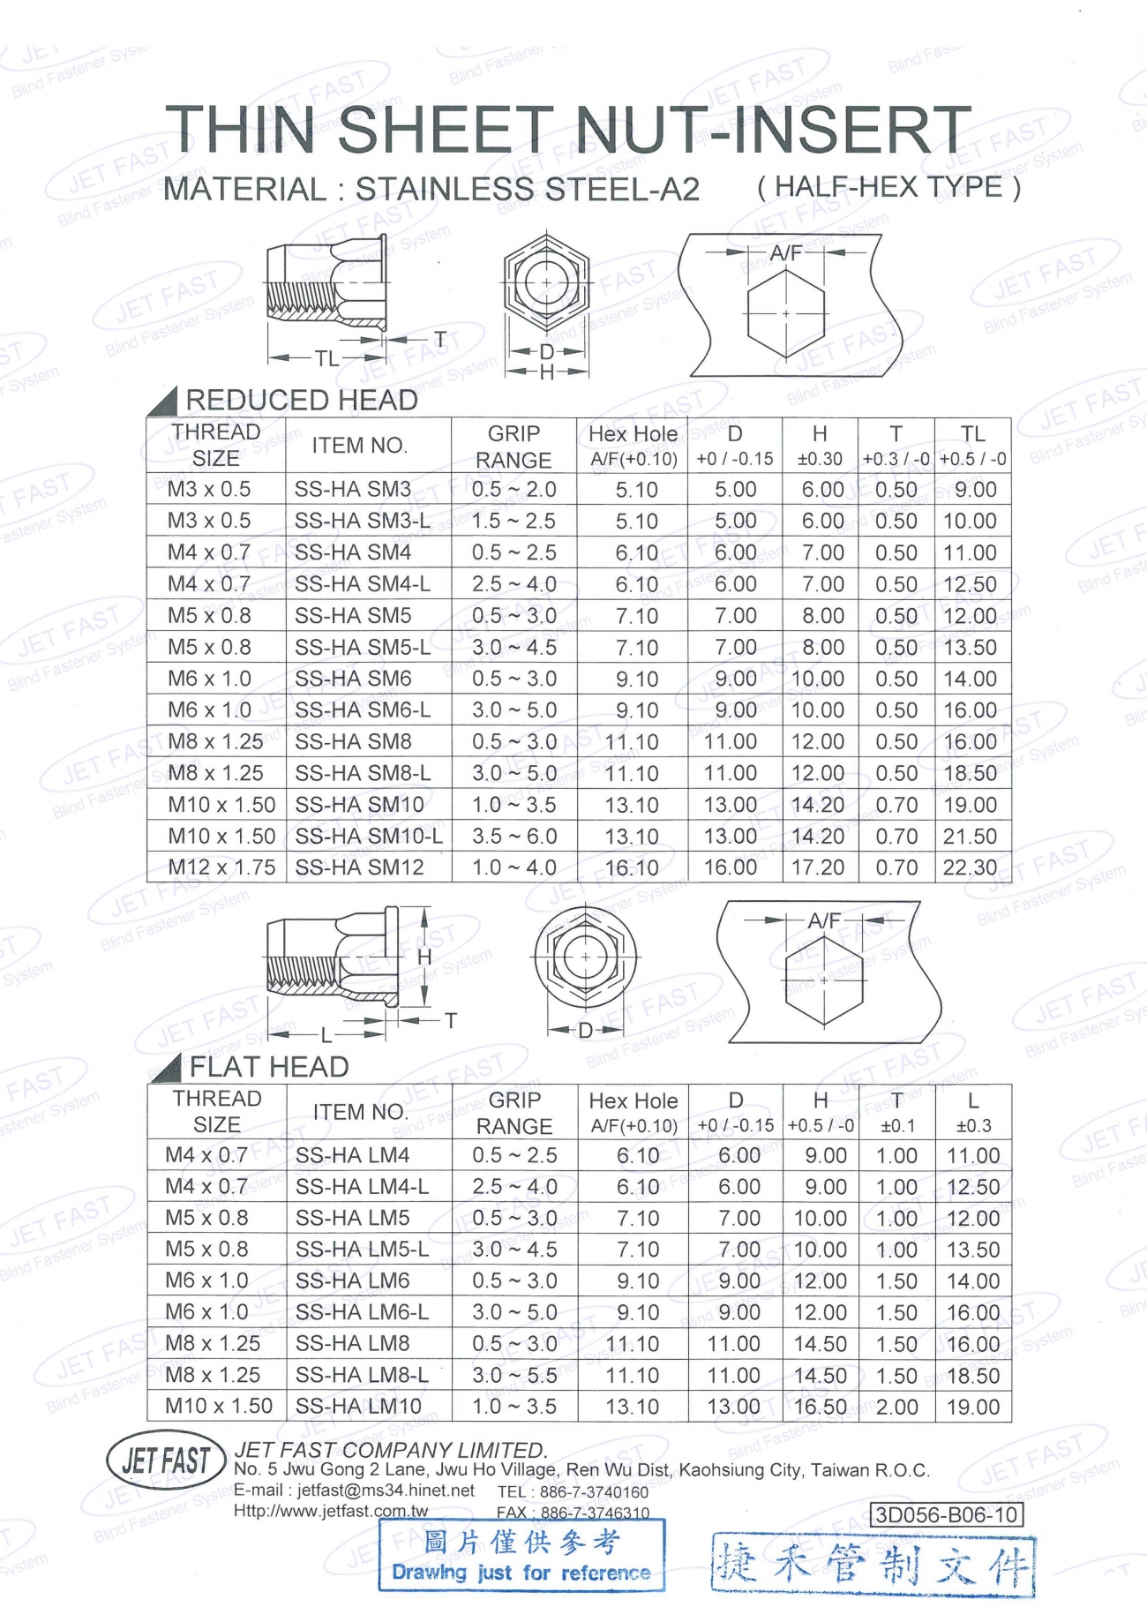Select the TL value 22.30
click(x=970, y=867)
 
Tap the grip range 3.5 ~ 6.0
click(x=514, y=836)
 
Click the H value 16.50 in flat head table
click(x=820, y=1407)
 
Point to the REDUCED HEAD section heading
click(x=301, y=400)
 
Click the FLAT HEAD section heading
click(x=269, y=1067)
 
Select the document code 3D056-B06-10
click(x=946, y=1514)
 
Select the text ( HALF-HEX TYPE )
click(x=888, y=187)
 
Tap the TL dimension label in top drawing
click(x=326, y=358)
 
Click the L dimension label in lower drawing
click(x=326, y=1033)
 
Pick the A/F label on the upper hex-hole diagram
click(x=785, y=253)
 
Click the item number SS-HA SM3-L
click(x=362, y=521)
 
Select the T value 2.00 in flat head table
click(x=896, y=1407)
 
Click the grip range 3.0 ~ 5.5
click(x=514, y=1375)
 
